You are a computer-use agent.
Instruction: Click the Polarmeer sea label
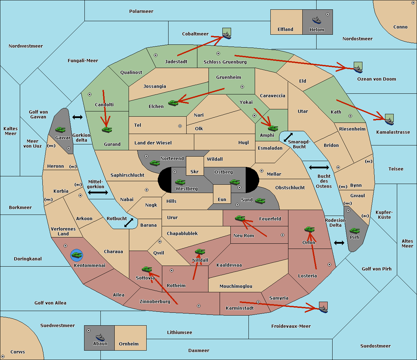pos(141,11)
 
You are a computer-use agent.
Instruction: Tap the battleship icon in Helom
pos(317,20)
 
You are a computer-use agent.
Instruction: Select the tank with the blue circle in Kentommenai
pos(76,256)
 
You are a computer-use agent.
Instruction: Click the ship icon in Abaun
pos(100,337)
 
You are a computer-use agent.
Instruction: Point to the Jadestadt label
pos(176,62)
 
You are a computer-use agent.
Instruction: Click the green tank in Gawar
pos(60,130)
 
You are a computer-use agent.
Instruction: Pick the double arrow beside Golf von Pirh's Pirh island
pos(339,243)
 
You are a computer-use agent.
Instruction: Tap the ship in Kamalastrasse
pos(389,121)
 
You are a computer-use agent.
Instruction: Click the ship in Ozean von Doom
pos(358,69)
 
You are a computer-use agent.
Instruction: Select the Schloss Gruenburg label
pos(225,62)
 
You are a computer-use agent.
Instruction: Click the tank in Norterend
pos(155,163)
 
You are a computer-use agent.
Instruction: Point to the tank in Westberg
pos(180,182)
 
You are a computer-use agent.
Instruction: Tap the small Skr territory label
pos(194,172)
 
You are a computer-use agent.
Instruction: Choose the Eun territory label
pos(222,200)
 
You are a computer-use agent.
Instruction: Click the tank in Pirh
pos(354,231)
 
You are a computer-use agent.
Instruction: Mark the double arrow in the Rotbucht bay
pos(129,223)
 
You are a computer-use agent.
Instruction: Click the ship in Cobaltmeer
pos(227,35)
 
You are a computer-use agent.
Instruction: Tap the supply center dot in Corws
pos(3,357)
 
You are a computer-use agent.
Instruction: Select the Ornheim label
pos(129,344)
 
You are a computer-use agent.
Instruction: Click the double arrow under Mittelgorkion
pos(98,193)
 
